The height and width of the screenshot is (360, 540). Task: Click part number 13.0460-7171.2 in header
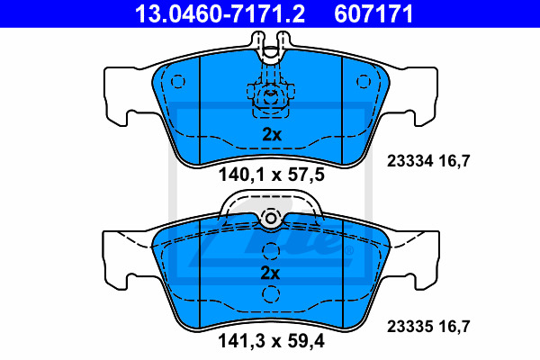point(220,13)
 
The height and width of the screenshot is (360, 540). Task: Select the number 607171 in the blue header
point(373,13)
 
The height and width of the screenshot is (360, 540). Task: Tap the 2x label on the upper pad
point(272,135)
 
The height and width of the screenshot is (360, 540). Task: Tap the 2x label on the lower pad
point(270,274)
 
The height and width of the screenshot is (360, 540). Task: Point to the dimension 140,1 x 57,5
point(272,175)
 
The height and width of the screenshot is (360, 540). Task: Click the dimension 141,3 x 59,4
point(271,341)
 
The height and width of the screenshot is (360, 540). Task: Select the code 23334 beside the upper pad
point(409,161)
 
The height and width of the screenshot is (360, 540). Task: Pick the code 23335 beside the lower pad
point(409,326)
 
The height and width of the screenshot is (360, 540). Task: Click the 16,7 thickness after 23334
point(454,161)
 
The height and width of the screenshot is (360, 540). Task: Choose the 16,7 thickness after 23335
point(454,326)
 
